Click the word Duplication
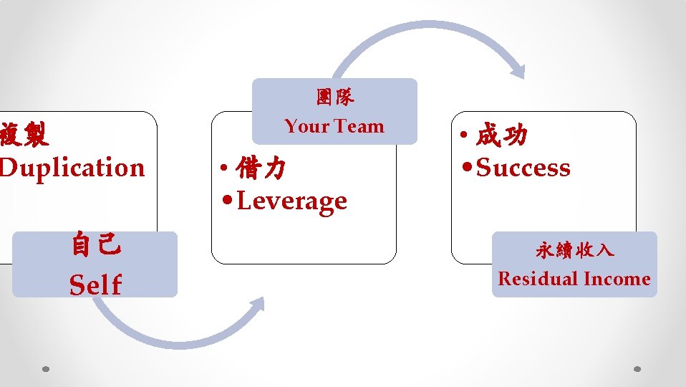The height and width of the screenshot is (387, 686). (x=72, y=168)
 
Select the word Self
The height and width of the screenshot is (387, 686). (x=95, y=285)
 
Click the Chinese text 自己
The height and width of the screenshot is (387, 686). (x=95, y=247)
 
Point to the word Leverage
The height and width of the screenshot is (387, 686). (x=291, y=201)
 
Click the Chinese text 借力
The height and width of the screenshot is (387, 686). (x=261, y=169)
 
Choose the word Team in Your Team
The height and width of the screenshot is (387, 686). (x=357, y=126)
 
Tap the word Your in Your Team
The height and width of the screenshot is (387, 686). (x=307, y=126)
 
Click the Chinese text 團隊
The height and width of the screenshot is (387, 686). (x=334, y=97)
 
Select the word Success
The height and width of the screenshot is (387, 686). (x=523, y=168)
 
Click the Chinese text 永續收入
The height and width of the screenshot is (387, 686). (x=574, y=251)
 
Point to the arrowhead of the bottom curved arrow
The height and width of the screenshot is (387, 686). (x=256, y=305)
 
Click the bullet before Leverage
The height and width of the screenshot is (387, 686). (x=227, y=201)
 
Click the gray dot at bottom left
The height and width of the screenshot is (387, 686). (x=45, y=370)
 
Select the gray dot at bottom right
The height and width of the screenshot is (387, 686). (x=638, y=370)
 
